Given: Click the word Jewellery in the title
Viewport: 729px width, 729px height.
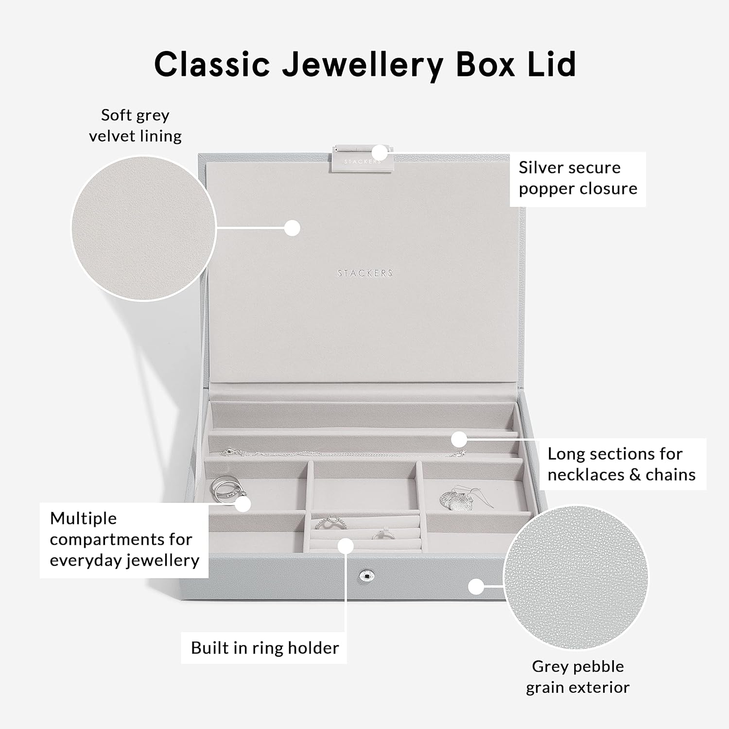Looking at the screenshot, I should click(x=362, y=65).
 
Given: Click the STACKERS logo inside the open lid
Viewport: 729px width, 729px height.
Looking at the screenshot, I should click(x=365, y=273).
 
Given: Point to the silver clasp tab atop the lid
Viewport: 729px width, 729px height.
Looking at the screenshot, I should click(x=357, y=158).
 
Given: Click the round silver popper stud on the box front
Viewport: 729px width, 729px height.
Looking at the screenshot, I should click(x=366, y=576).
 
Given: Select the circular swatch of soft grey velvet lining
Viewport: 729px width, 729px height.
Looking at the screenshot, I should click(x=143, y=228).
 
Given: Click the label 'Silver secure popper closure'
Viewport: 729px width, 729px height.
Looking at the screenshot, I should click(x=577, y=178).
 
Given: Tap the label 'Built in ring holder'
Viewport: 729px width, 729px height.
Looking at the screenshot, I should click(x=264, y=648).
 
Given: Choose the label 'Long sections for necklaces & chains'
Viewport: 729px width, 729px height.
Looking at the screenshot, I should click(x=621, y=464).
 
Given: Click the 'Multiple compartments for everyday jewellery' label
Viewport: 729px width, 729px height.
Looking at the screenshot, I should click(x=124, y=539).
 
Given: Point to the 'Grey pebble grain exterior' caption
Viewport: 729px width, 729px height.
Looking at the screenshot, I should click(x=577, y=677).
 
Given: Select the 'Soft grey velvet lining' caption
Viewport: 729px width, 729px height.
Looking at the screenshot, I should click(x=135, y=125).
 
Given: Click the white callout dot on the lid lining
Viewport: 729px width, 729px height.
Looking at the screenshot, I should click(x=292, y=228).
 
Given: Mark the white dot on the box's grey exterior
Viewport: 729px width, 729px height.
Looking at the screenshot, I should click(x=476, y=587).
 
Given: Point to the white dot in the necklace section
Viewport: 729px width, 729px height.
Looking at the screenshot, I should click(x=459, y=439).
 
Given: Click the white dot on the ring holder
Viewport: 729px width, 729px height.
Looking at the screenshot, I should click(x=346, y=545).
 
